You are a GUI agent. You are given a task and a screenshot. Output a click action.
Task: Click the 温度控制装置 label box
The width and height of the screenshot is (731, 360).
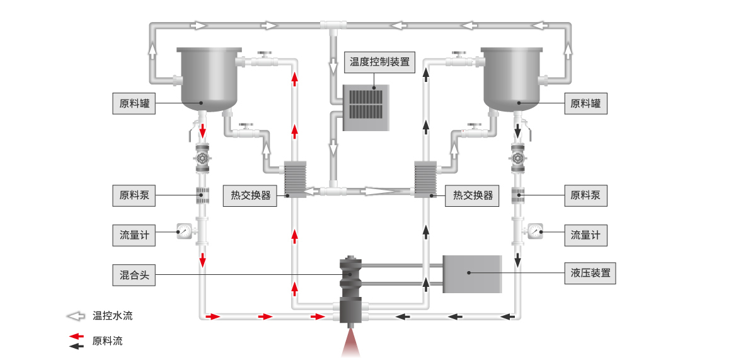pyautogui.click(x=379, y=62)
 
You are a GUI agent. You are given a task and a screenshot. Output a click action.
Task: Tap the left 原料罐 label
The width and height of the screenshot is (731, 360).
pyautogui.click(x=134, y=103)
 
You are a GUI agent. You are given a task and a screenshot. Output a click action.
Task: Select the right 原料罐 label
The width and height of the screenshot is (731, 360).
pyautogui.click(x=585, y=103)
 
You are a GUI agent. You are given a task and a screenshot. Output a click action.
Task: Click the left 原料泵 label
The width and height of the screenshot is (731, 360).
pyautogui.click(x=134, y=195)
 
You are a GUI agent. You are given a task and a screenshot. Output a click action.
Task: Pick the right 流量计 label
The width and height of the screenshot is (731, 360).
pyautogui.click(x=585, y=235)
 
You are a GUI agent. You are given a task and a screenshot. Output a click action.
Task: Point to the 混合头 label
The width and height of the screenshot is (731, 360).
pyautogui.click(x=134, y=275)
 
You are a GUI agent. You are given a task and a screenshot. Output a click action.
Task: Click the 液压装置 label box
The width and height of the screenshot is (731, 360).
pyautogui.click(x=590, y=273)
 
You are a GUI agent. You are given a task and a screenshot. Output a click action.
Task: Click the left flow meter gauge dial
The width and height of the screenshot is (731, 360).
pyautogui.click(x=183, y=231)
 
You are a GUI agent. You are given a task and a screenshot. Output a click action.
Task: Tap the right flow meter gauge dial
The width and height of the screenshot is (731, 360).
pyautogui.click(x=535, y=231)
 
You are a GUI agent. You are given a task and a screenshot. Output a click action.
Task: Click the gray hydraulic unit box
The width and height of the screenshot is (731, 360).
pyautogui.click(x=472, y=274)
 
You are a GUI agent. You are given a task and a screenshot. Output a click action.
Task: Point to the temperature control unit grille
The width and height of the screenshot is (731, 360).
pyautogui.click(x=366, y=103)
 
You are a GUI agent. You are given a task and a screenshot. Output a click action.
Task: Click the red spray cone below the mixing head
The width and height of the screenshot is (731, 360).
pyautogui.click(x=351, y=343)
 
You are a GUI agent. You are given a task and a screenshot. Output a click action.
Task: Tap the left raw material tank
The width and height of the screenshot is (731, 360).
pyautogui.click(x=209, y=79)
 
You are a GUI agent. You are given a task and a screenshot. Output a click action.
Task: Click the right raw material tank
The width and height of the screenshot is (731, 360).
pyautogui.click(x=512, y=79)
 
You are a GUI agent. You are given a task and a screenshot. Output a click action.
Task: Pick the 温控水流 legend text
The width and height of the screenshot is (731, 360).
pyautogui.click(x=112, y=316)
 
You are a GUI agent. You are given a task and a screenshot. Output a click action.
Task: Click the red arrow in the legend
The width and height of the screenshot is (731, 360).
pyautogui.click(x=76, y=336)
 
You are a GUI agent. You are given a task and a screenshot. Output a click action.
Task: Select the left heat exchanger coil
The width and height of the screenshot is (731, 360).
pyautogui.click(x=296, y=179)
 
